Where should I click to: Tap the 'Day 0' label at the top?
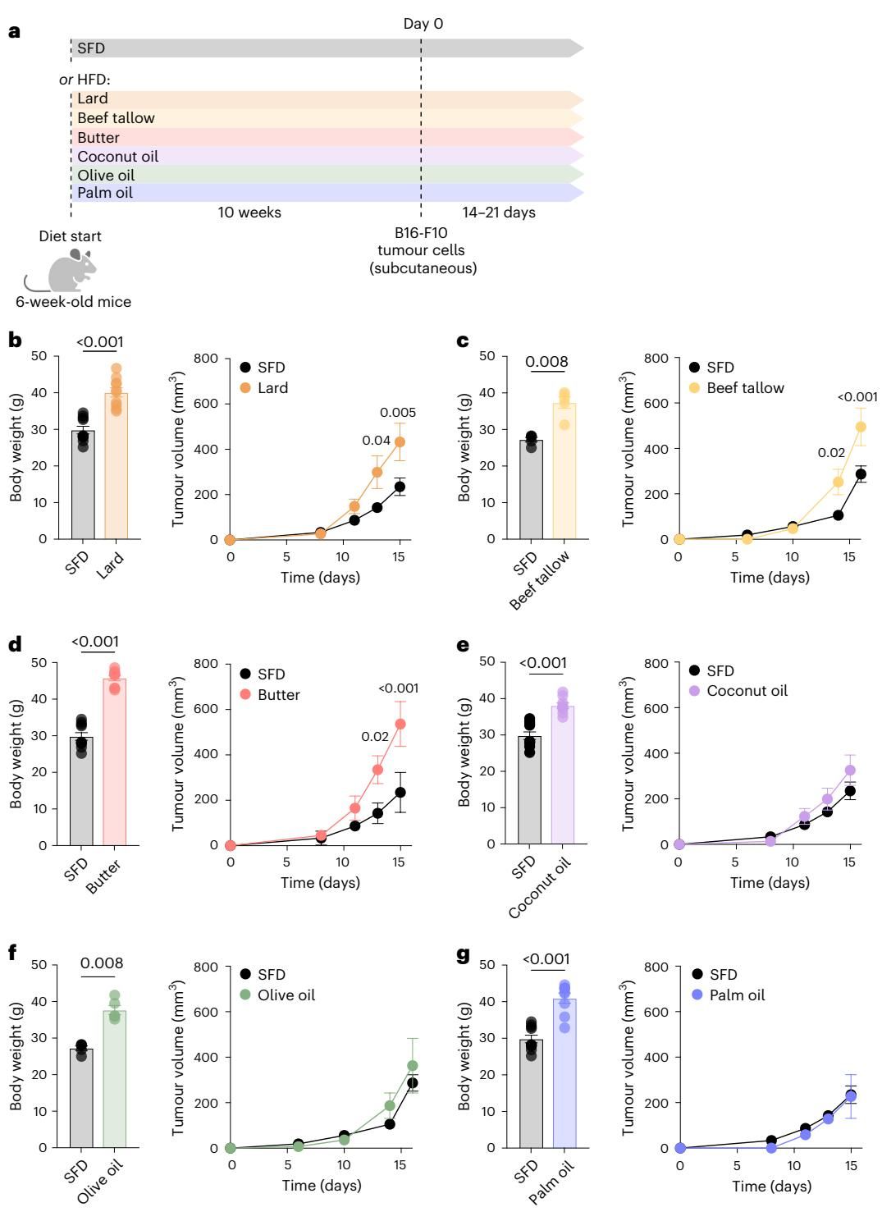[423, 24]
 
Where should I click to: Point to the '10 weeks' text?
[249, 213]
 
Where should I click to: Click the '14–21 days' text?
[498, 213]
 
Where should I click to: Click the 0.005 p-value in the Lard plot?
[398, 412]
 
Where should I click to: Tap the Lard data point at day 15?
[400, 441]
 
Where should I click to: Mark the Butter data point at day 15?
[400, 724]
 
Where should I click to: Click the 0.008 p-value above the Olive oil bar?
[102, 963]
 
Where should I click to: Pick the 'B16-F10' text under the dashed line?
[423, 233]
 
